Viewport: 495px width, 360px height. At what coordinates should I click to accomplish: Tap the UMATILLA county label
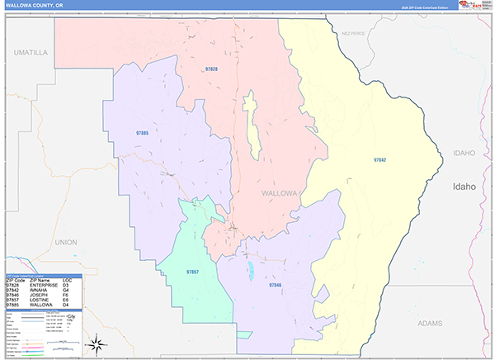click(x=31, y=52)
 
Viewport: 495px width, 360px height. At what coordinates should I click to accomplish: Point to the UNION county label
click(x=64, y=242)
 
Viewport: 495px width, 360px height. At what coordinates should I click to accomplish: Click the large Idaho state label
click(x=464, y=187)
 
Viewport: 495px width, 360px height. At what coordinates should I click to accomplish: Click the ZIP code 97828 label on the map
click(x=211, y=69)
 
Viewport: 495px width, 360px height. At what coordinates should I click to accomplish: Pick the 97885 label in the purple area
click(x=142, y=133)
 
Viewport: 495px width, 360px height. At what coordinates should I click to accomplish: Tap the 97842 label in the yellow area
click(x=379, y=159)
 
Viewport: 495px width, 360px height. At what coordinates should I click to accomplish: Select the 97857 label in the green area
click(x=192, y=271)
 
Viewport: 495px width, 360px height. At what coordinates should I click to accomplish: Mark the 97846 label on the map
click(x=275, y=285)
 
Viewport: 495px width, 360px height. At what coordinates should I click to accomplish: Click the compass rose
click(x=97, y=343)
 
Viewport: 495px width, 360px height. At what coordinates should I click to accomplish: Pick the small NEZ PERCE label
click(x=352, y=34)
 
